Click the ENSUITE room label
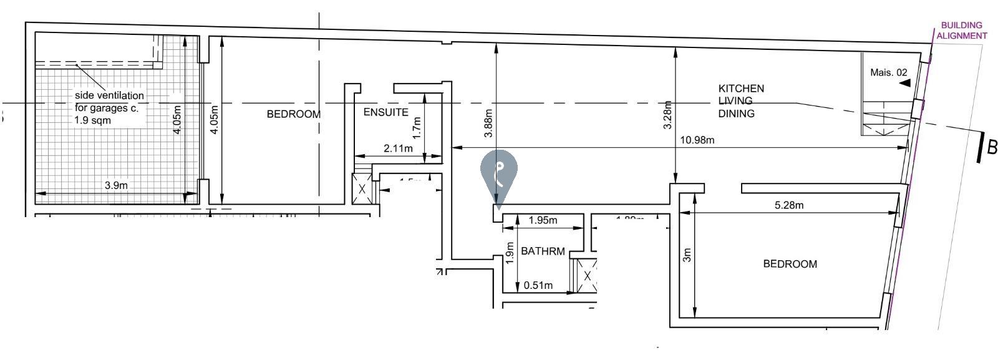point(385,112)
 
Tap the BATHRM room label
point(543,251)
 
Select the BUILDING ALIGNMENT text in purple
point(961,31)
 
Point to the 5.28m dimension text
point(788,205)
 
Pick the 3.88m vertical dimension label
point(488,123)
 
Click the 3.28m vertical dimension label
point(667,115)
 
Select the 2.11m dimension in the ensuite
point(398,148)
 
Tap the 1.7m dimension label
point(417,127)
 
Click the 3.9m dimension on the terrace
point(116,185)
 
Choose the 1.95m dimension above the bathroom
point(543,220)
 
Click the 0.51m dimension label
point(538,286)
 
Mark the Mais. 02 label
point(888,72)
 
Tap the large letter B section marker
point(991,147)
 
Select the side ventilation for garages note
point(109,107)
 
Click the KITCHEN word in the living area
point(741,89)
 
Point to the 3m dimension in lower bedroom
point(687,255)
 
